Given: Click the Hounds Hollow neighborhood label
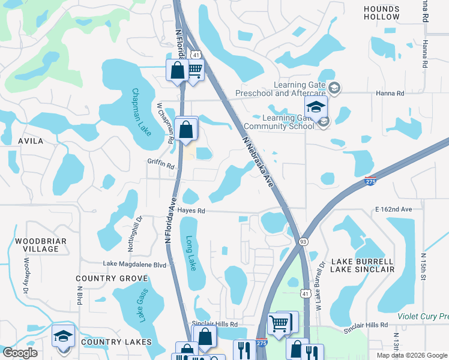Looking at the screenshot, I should click(381, 13).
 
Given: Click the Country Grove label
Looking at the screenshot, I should click(112, 278).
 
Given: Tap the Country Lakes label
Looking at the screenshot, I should click(115, 342).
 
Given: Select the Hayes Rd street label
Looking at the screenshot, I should click(191, 211).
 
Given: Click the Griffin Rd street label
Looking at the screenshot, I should click(160, 163).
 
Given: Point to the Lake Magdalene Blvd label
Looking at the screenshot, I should click(134, 263).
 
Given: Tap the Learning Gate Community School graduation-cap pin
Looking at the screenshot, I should click(315, 109).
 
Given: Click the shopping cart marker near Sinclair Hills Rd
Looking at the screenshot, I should click(279, 324).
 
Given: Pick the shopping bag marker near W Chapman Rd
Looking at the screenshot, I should click(187, 128).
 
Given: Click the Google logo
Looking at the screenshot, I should click(20, 353).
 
